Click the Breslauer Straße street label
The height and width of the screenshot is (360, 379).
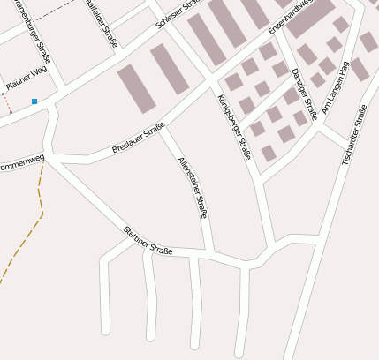pos(140,141)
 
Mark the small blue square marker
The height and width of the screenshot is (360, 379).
pos(34,102)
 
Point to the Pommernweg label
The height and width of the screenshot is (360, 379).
pos(21,162)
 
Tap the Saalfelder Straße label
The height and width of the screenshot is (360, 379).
pos(102,21)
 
